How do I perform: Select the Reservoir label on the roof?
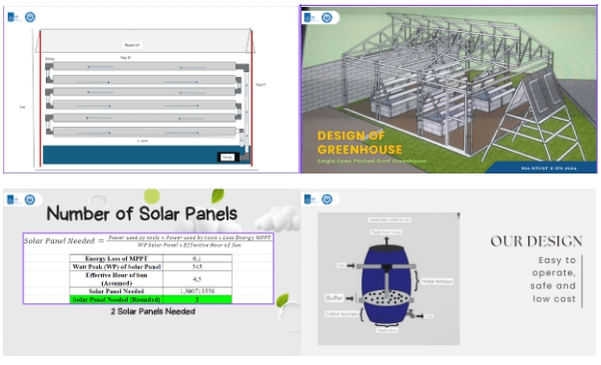[x=132, y=45]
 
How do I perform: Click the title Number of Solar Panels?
[x=143, y=212]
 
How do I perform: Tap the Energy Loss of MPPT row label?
[x=112, y=257]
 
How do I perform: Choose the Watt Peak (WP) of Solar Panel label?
[x=112, y=266]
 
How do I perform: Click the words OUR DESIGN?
[x=536, y=240]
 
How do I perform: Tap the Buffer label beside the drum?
[x=337, y=297]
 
